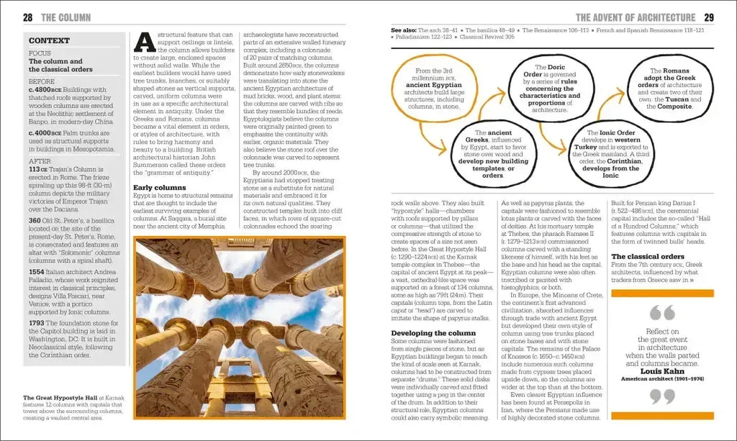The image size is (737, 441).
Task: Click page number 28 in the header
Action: [x=27, y=17]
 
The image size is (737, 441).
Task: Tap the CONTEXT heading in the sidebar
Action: [x=49, y=40]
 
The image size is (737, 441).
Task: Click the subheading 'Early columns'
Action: [x=159, y=188]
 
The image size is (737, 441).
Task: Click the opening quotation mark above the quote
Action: [x=662, y=313]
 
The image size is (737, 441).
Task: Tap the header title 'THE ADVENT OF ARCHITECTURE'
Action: [x=636, y=17]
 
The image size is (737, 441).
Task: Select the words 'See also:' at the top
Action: [x=403, y=31]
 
